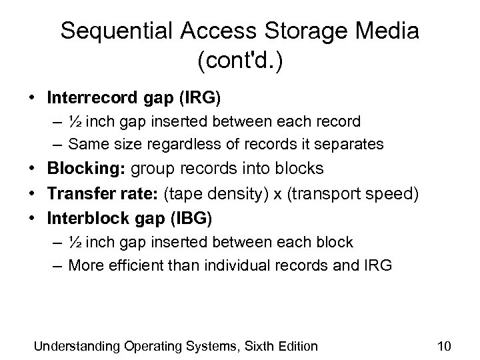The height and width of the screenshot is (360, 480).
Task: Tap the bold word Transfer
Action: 77,193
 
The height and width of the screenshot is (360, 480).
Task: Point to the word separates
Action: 354,143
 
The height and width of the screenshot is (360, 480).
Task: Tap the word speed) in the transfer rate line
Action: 398,193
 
